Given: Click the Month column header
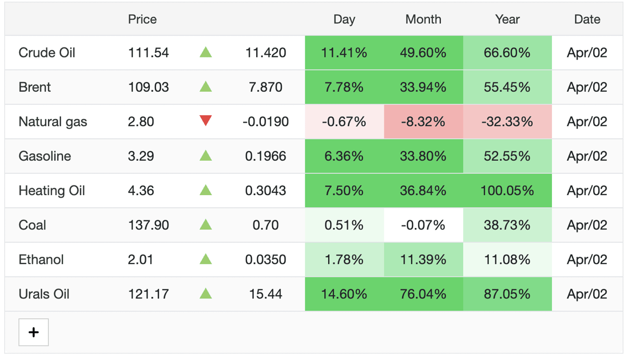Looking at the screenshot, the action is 423,19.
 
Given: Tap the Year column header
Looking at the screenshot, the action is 507,19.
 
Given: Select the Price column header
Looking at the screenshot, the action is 142,19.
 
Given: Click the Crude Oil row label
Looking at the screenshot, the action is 46,53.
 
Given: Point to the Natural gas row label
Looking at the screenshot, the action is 53,122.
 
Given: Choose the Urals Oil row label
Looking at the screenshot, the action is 44,294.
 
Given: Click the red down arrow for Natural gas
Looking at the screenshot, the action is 206,121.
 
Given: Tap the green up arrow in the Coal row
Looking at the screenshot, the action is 206,224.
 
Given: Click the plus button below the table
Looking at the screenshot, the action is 33,332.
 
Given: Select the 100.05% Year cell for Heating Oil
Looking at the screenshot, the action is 507,190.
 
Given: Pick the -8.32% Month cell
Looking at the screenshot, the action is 424,122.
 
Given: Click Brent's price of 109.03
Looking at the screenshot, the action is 148,87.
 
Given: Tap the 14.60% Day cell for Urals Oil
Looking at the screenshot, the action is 344,294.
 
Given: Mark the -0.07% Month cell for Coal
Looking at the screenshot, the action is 424,225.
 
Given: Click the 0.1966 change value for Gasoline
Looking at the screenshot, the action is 266,156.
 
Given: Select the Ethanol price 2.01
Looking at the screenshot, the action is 140,260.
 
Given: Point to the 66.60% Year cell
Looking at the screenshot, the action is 507,53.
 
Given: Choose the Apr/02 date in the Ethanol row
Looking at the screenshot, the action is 587,260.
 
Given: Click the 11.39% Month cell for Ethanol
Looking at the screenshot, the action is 424,260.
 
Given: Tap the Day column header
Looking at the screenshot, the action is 344,20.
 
